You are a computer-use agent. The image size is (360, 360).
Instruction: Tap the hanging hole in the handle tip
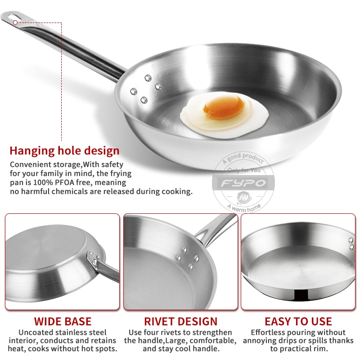coord(16,21)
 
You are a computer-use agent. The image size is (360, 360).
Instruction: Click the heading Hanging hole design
coord(64,150)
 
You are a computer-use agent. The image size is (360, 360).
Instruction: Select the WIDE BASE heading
coord(63,321)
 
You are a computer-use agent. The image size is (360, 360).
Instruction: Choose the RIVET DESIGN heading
coord(180,321)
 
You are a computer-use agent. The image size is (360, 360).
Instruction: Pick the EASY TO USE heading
coord(298,321)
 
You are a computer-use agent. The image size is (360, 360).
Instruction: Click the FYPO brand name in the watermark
coord(243,183)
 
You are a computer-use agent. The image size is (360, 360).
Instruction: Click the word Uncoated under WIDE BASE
coord(38,333)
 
